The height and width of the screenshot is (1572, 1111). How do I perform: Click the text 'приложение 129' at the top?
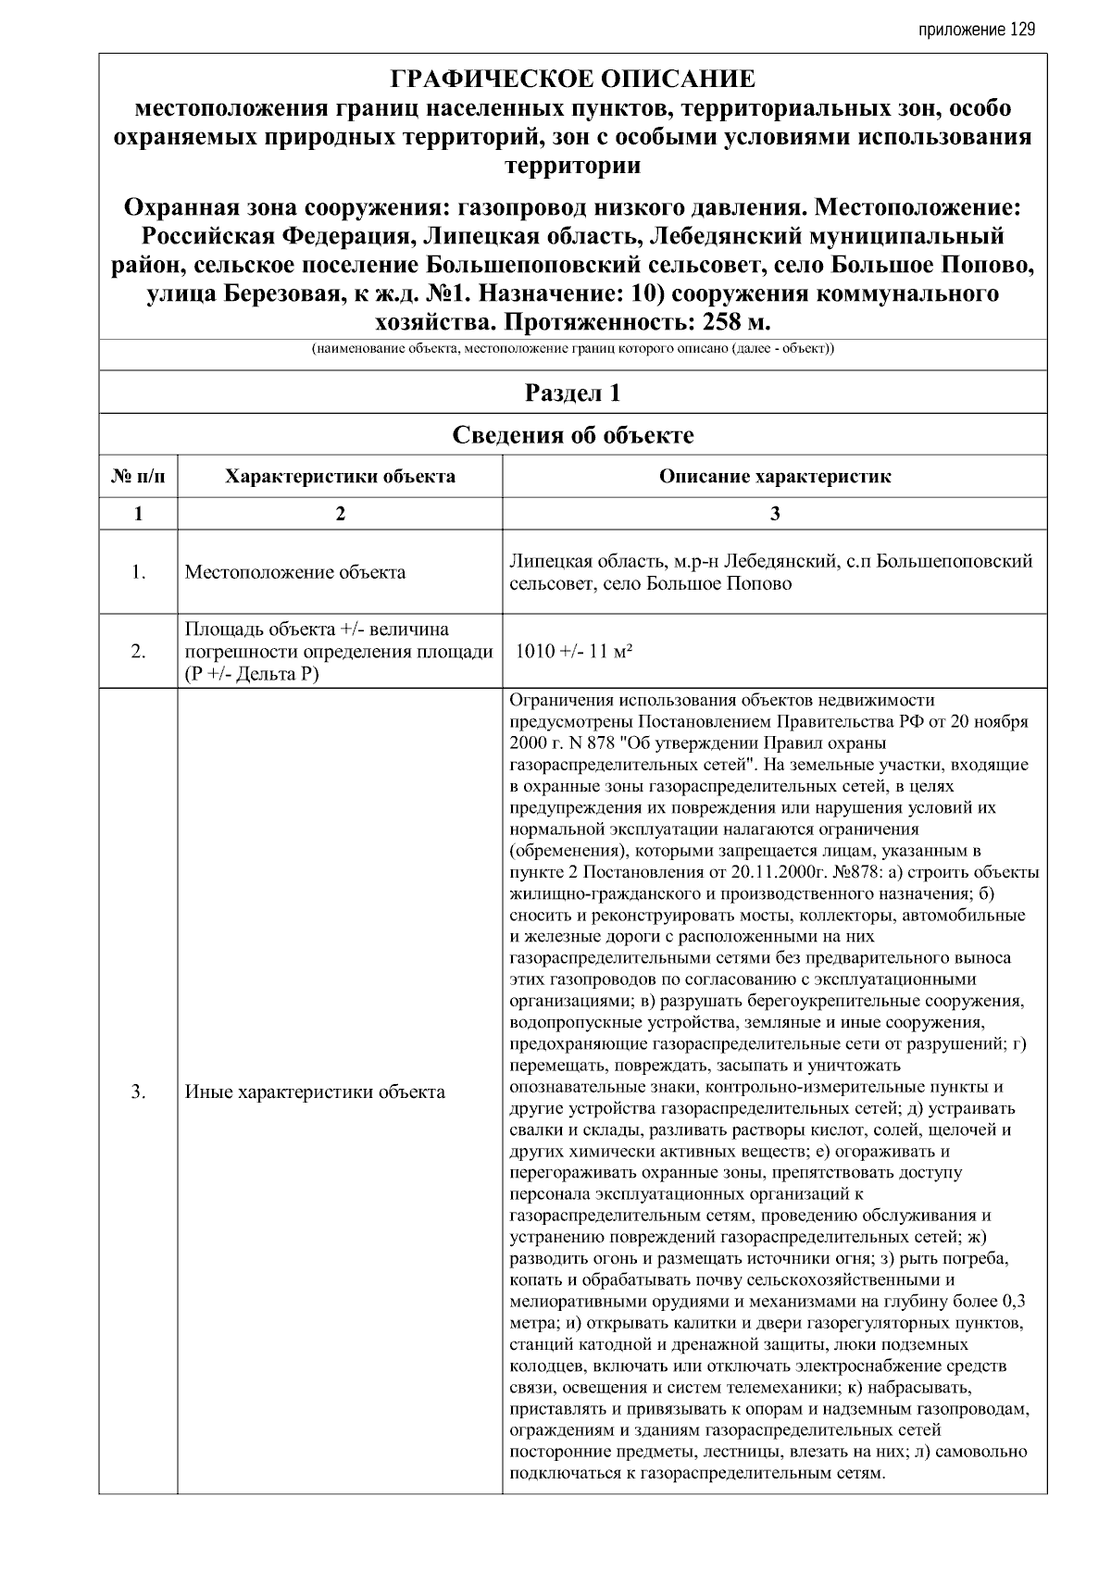[976, 30]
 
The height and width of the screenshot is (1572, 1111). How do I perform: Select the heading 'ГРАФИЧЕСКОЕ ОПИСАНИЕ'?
[572, 79]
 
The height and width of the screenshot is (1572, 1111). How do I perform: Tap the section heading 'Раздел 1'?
[572, 393]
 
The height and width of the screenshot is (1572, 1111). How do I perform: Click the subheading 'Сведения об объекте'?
[572, 435]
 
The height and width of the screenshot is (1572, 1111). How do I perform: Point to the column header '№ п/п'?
[138, 477]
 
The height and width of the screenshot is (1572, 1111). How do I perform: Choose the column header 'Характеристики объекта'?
[340, 477]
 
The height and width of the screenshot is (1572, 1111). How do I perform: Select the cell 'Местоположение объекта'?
[295, 572]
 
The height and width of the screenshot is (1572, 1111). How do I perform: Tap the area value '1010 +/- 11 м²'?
[574, 652]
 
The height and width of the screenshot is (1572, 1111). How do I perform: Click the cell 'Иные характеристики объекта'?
[315, 1092]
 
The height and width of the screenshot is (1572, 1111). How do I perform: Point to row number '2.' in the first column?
[138, 652]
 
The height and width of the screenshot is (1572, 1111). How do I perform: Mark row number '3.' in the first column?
[138, 1092]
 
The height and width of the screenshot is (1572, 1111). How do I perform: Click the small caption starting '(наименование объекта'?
[572, 350]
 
